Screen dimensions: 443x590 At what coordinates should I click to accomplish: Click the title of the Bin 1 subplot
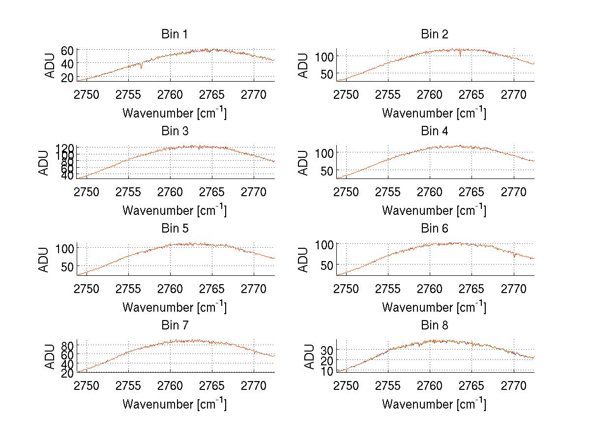tap(174, 34)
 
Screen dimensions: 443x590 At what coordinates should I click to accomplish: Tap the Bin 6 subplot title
tap(434, 229)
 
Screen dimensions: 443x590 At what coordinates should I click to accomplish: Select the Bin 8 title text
tap(434, 325)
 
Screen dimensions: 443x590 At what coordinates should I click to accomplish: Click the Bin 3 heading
tap(174, 131)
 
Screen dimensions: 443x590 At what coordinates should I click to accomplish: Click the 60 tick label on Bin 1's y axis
tap(67, 50)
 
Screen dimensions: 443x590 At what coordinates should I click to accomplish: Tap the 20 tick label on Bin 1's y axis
tap(67, 77)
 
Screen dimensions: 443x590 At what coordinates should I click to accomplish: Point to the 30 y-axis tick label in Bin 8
tap(327, 350)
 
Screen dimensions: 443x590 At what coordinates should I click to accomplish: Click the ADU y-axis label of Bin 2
tap(303, 65)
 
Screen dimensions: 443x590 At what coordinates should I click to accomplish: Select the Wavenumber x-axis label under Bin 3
tap(174, 210)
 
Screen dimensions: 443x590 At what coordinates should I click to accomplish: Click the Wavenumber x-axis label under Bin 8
tap(434, 404)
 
